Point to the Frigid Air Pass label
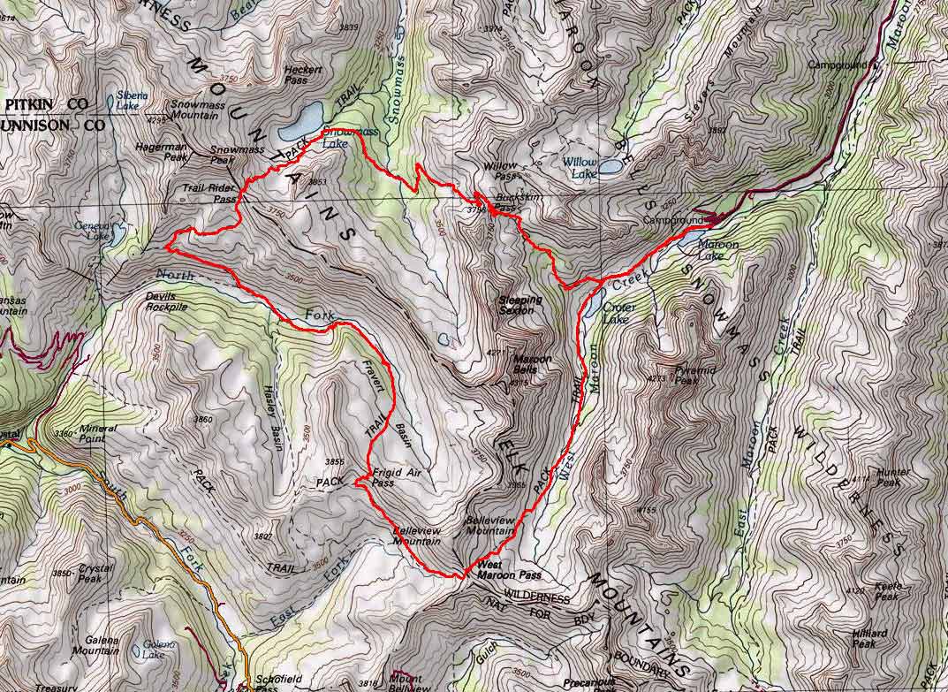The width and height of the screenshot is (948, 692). [394, 477]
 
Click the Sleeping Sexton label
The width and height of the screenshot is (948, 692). [520, 306]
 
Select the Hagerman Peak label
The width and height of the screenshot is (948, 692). [163, 150]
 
